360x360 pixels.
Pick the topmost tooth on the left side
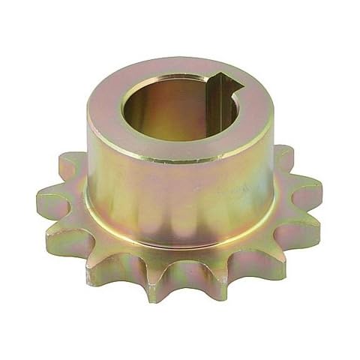pos(71,160)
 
